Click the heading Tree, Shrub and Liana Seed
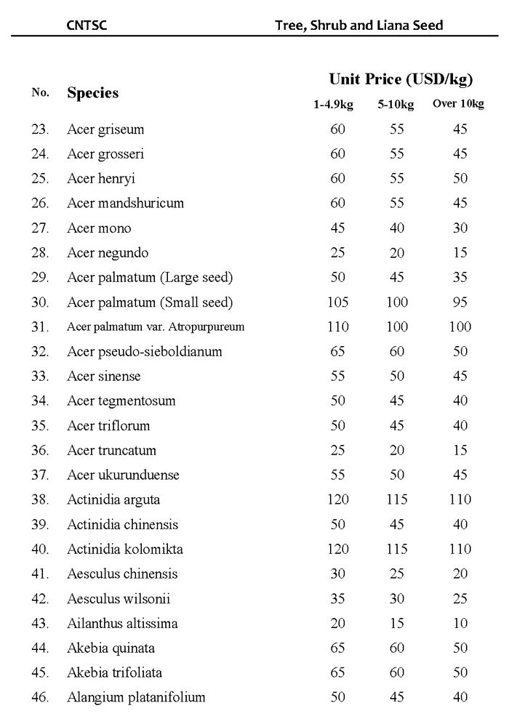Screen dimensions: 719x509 tap(358, 25)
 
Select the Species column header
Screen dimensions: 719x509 tap(92, 93)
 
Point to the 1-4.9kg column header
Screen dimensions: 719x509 tap(333, 105)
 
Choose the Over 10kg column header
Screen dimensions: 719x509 tap(458, 104)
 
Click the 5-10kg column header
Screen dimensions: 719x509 tap(396, 105)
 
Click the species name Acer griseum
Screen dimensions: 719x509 tap(105, 129)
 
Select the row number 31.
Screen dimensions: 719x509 tap(40, 327)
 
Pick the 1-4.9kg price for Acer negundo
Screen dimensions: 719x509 tap(337, 253)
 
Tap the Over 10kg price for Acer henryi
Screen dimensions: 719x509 tap(460, 179)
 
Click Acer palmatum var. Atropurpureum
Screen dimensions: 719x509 tap(156, 327)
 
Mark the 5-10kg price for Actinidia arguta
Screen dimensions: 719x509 tap(397, 500)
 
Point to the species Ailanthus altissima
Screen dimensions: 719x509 tap(122, 624)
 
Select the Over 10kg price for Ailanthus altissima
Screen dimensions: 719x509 tap(460, 624)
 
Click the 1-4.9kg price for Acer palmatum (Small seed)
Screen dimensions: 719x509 tap(337, 302)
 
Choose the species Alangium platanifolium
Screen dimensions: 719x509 tap(136, 698)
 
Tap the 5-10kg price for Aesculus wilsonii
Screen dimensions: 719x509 tap(397, 599)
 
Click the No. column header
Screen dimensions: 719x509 tap(41, 93)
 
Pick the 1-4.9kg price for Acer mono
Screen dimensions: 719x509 tap(337, 228)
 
